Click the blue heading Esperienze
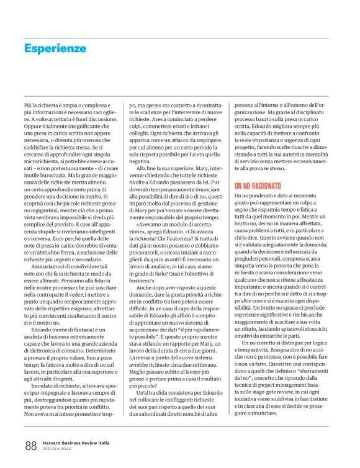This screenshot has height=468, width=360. click(55, 48)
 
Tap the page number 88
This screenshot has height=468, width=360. click(31, 444)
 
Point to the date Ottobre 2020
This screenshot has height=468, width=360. click(58, 449)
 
